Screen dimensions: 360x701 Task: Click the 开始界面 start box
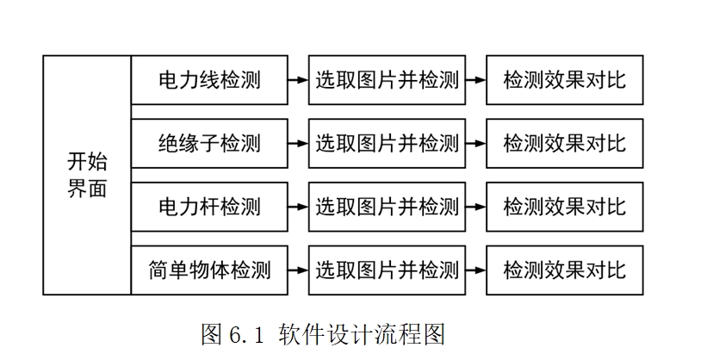point(87,176)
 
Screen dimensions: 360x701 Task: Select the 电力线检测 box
point(209,80)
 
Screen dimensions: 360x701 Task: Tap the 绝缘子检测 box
point(209,143)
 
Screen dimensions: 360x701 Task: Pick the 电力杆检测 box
point(209,207)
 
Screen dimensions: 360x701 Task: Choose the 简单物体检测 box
point(209,270)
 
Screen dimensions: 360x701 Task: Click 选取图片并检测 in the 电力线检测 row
point(387,80)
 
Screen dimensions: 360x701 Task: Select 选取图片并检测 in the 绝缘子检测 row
point(387,143)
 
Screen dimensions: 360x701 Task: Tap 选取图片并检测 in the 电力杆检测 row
point(387,207)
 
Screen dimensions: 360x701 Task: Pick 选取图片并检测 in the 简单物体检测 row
point(387,270)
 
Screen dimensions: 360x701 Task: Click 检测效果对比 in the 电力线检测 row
point(564,80)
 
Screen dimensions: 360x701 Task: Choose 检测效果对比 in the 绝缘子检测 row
point(564,143)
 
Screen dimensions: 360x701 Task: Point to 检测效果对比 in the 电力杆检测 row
point(564,207)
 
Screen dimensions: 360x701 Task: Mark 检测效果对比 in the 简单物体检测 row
point(564,270)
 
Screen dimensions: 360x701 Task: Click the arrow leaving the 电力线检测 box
point(298,80)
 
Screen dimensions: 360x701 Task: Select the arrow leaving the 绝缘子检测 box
point(298,143)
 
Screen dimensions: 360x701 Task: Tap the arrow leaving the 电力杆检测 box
point(298,207)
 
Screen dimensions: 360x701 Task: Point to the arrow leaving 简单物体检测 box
point(298,270)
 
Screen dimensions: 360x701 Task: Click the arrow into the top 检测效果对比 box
point(475,80)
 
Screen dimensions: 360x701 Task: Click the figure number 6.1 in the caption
point(249,334)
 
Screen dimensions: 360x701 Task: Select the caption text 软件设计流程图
point(362,334)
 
